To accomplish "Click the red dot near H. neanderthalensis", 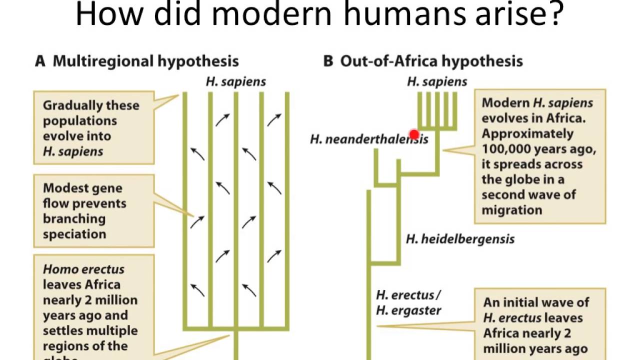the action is tap(413, 134).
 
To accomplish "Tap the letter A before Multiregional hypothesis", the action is tap(40, 61).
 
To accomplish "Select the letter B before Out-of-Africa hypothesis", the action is tap(328, 61).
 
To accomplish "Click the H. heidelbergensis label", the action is tap(460, 239).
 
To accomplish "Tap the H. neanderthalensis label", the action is tap(369, 139).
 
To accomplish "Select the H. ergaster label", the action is tap(408, 310).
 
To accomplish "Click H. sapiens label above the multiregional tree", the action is tap(235, 81).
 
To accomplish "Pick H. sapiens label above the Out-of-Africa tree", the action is tap(437, 81).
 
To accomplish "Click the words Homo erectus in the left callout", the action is tap(83, 269).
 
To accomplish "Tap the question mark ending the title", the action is tap(554, 15).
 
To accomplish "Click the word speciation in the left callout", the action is tap(74, 234).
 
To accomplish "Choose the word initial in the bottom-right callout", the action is tap(529, 302).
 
